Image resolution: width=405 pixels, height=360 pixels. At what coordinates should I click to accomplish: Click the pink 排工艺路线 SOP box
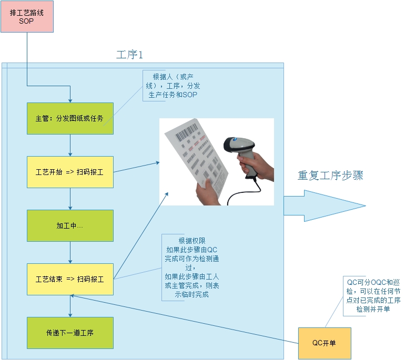pyautogui.click(x=26, y=16)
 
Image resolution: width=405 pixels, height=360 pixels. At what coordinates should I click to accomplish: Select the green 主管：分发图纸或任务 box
pyautogui.click(x=70, y=118)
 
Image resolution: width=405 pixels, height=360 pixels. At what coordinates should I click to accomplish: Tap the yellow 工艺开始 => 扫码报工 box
pyautogui.click(x=70, y=172)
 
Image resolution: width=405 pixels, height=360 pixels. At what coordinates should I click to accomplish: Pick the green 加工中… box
pyautogui.click(x=70, y=225)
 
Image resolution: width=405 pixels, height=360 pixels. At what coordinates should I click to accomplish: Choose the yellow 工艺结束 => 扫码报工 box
pyautogui.click(x=70, y=279)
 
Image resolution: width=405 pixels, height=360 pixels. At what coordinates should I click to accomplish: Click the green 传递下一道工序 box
pyautogui.click(x=70, y=333)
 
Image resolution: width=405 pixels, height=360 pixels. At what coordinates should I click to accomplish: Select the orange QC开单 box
pyautogui.click(x=324, y=343)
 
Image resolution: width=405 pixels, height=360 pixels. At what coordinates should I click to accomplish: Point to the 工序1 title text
pyautogui.click(x=129, y=55)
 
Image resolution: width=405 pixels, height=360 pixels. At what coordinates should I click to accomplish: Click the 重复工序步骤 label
pyautogui.click(x=330, y=176)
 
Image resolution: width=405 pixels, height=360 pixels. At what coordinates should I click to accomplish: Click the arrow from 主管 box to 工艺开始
pyautogui.click(x=70, y=145)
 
